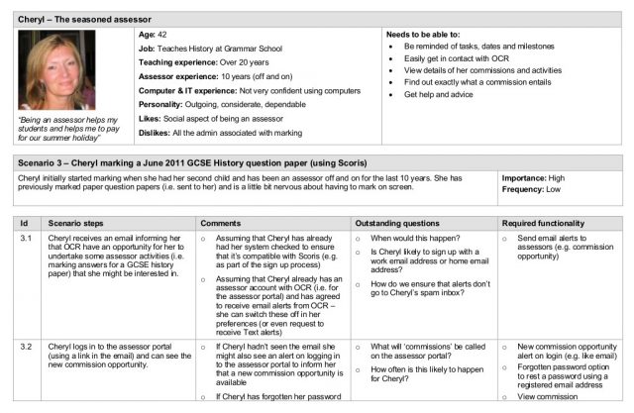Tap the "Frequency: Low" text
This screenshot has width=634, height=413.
point(540,188)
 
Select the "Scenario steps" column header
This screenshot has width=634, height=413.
point(83,223)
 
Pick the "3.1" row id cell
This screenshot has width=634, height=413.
point(27,239)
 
